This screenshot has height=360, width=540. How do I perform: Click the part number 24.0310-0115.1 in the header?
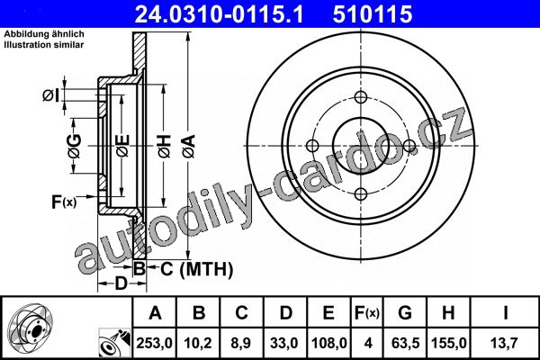(x=220, y=14)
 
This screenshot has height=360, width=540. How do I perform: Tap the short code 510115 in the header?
(x=373, y=14)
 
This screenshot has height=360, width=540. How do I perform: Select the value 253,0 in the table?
(x=154, y=343)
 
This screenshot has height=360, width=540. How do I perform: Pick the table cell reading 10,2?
(x=198, y=343)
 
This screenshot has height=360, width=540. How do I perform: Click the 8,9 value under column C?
(x=241, y=343)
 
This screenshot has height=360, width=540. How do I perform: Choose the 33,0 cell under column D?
(x=284, y=343)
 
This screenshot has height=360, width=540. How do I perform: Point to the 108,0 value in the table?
(x=328, y=343)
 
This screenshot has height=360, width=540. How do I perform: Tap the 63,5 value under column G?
(x=405, y=343)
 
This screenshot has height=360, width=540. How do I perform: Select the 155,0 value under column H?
(x=449, y=343)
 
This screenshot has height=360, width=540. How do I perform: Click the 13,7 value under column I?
(x=505, y=343)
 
